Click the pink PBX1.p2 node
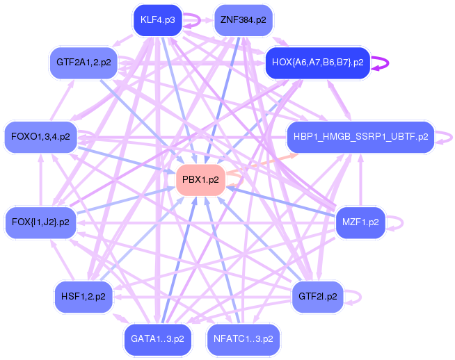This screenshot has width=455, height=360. pyautogui.click(x=200, y=179)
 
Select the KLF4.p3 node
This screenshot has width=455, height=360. pyautogui.click(x=157, y=19)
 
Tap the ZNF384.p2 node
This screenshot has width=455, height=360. pyautogui.click(x=243, y=19)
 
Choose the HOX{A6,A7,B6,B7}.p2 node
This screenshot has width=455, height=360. pyautogui.click(x=317, y=62)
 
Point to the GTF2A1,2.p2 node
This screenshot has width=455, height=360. pyautogui.click(x=83, y=62)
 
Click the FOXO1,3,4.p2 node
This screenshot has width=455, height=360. pyautogui.click(x=40, y=137)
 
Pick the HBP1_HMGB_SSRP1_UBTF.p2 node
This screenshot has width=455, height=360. pyautogui.click(x=360, y=137)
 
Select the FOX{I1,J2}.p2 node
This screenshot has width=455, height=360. pyautogui.click(x=40, y=222)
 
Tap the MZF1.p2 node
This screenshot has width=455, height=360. pyautogui.click(x=360, y=222)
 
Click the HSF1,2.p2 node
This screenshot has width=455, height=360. pyautogui.click(x=83, y=297)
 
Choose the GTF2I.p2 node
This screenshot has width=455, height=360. pyautogui.click(x=317, y=297)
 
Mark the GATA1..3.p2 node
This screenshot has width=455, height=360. pyautogui.click(x=157, y=339)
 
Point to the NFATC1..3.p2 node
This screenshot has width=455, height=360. pyautogui.click(x=243, y=339)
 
